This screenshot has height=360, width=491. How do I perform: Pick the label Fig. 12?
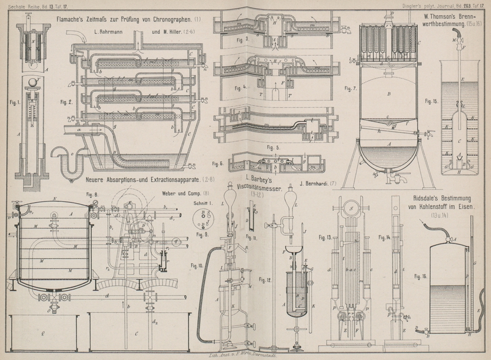click(265, 280)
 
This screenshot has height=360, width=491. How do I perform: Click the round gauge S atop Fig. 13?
click(352, 207)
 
